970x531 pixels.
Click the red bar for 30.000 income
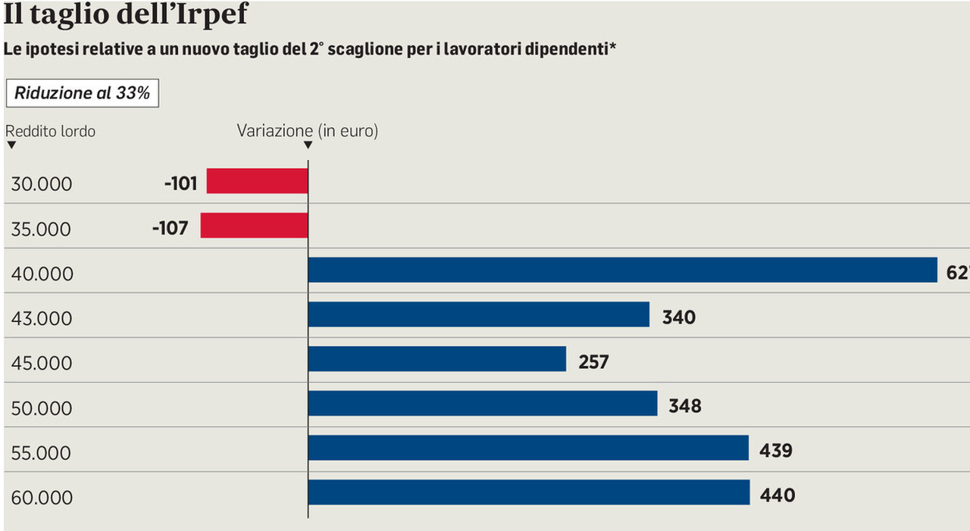pos(257,181)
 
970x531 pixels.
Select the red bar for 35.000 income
pos(254,226)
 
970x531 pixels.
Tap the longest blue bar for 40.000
pos(622,270)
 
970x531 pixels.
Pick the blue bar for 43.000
pos(478,314)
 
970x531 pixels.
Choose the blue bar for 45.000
pos(436,359)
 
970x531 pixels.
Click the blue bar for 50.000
pos(482,404)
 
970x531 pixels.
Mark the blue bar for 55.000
pos(527,448)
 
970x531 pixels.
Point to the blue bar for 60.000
pos(528,493)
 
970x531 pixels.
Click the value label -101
pos(180,183)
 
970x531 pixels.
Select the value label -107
pos(170,228)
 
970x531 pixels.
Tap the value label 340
pos(678,317)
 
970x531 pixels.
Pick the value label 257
pos(593,362)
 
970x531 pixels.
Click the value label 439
pos(775,451)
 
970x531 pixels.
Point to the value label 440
pos(777,495)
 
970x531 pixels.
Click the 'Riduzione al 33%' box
pos(82,94)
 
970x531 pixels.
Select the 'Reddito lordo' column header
pos(51,131)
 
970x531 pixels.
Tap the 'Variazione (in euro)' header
pos(307,130)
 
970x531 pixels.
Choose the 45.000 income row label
pos(42,363)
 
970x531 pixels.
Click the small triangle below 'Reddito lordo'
pos(11,145)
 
